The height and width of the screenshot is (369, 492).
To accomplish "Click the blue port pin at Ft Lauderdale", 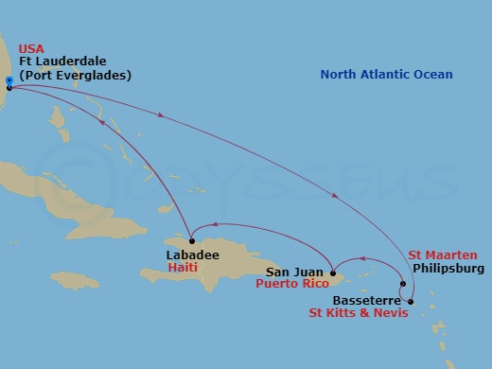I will click(9, 82).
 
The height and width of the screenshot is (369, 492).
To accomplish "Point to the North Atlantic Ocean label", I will click(386, 75).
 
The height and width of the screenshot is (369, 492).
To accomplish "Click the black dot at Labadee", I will click(190, 237).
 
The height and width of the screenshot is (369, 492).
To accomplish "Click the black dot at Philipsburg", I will click(403, 284).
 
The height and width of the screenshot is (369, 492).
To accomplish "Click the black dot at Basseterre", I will click(411, 301).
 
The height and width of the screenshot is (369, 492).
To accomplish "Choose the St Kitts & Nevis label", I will click(359, 311).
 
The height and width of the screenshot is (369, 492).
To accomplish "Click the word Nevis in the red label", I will click(391, 311).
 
